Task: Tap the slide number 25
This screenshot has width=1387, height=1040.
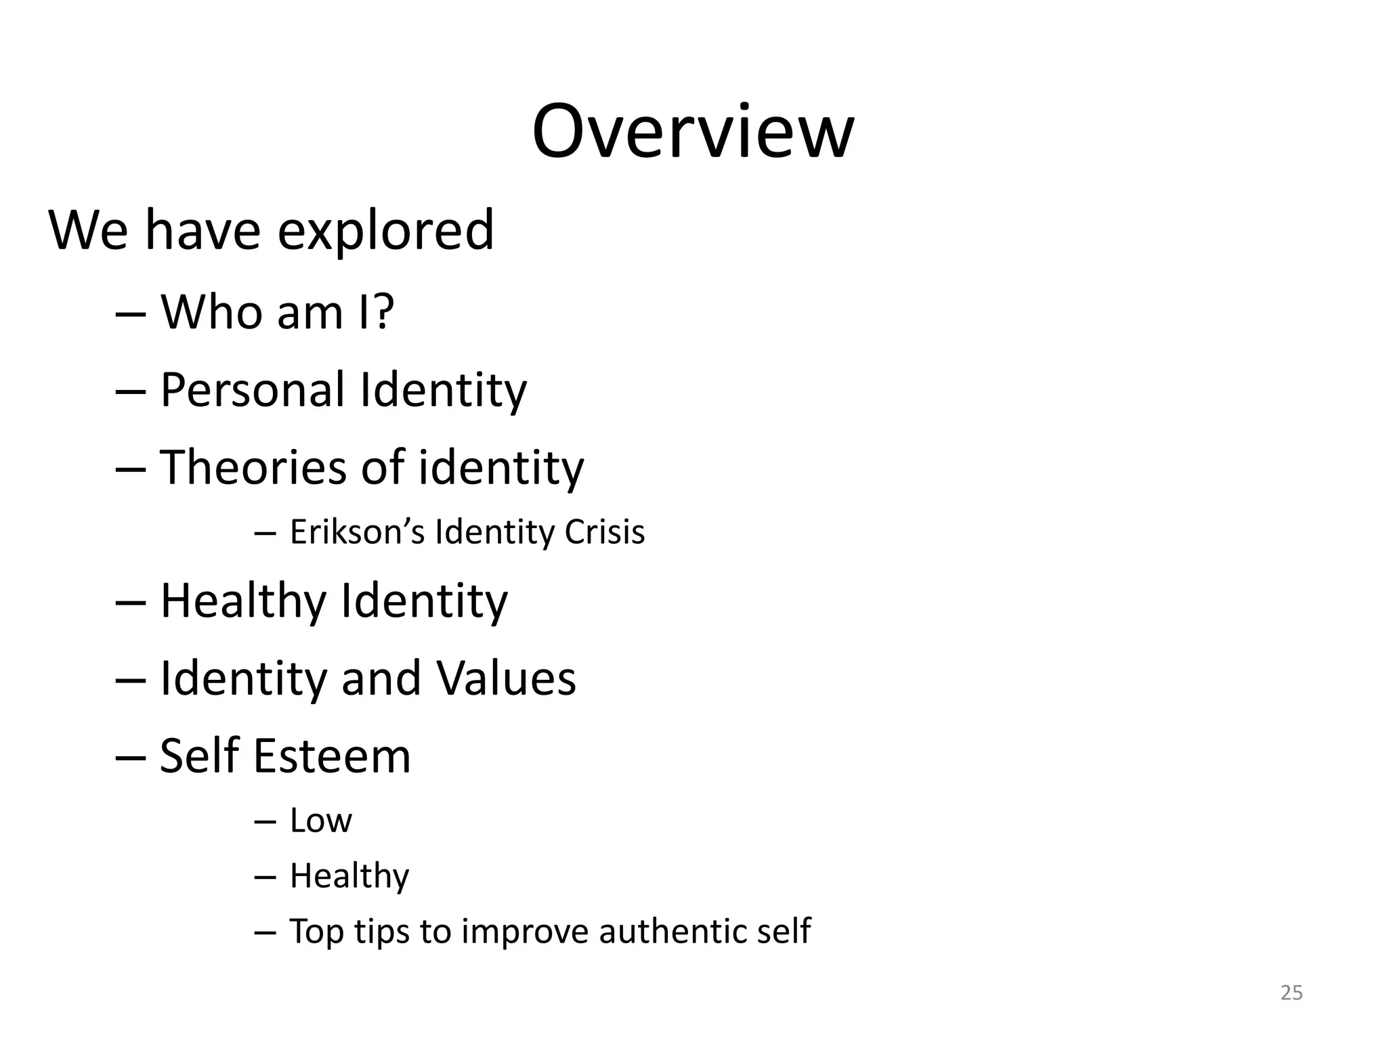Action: click(x=1292, y=993)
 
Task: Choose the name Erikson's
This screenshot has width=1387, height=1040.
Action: click(x=357, y=532)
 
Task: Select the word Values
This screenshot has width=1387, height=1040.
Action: click(x=506, y=678)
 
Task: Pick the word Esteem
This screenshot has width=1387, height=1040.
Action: click(x=332, y=756)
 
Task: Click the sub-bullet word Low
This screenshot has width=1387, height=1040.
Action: click(x=320, y=821)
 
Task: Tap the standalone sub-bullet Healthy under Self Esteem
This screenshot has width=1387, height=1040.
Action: click(x=349, y=876)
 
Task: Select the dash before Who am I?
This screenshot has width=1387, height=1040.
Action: click(x=131, y=315)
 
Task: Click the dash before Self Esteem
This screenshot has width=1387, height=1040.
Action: click(x=131, y=758)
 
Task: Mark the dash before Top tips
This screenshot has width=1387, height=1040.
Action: click(x=265, y=933)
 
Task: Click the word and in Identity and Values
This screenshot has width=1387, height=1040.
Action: click(x=381, y=678)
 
